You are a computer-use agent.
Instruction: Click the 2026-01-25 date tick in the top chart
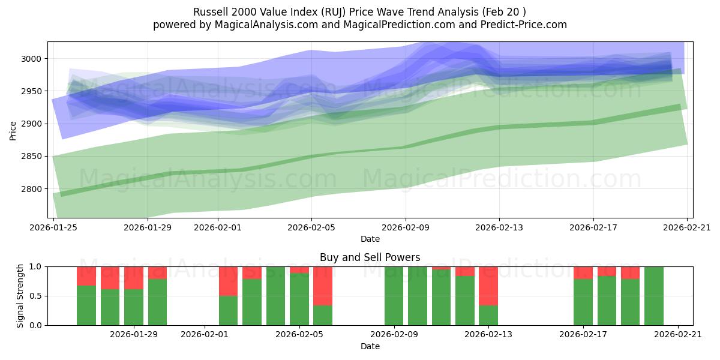pos(54,227)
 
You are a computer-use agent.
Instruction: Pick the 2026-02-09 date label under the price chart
pos(405,227)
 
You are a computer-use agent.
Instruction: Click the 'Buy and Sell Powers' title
pos(370,257)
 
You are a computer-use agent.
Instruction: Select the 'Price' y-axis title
pos(13,130)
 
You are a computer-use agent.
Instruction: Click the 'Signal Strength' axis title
pos(20,296)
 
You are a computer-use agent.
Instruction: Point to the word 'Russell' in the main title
pos(209,12)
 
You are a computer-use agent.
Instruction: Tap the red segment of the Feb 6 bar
pos(323,286)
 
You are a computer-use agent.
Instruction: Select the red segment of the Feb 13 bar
pos(488,286)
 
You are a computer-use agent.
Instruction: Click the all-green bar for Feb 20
pos(654,296)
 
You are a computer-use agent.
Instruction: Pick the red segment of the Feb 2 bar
pos(228,281)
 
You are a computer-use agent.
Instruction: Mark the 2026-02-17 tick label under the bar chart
pos(583,334)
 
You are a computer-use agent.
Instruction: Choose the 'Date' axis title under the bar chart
pos(370,346)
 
